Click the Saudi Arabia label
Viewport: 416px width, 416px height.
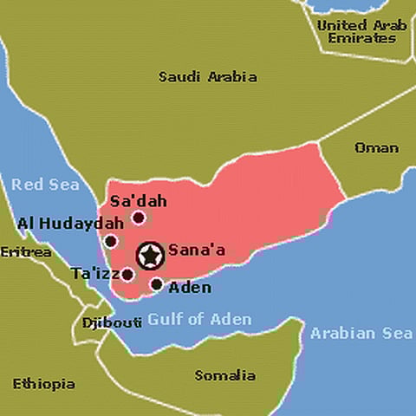207,76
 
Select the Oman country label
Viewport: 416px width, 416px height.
376,147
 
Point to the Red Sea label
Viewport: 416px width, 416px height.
45,184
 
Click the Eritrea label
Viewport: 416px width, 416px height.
25,252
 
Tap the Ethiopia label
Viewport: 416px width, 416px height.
43,383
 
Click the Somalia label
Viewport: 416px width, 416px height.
224,375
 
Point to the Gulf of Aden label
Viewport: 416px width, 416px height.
199,319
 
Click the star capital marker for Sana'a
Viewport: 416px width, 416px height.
151,255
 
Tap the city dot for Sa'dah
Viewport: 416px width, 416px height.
138,218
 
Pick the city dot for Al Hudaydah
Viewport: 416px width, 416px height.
111,241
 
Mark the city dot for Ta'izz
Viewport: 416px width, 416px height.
128,275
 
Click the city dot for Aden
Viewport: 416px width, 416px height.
157,283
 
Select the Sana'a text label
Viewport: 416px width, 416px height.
197,250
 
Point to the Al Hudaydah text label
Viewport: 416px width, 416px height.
58,224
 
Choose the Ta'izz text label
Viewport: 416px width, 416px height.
94,273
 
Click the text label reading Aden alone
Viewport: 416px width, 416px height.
189,287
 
